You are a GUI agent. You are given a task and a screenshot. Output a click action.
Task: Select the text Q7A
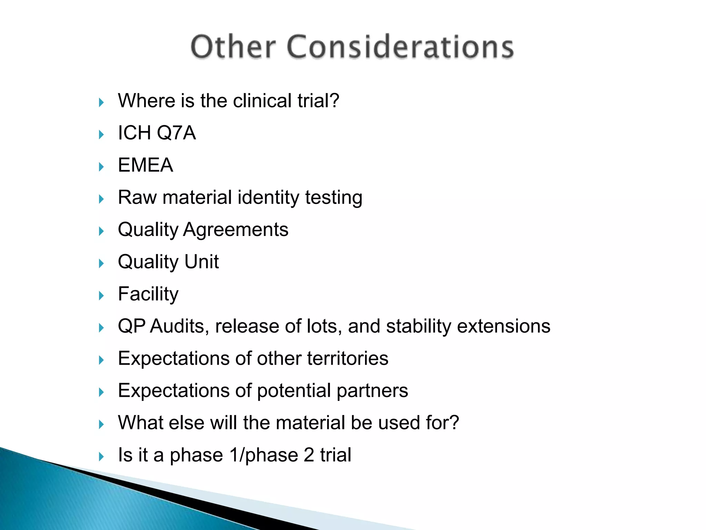176,133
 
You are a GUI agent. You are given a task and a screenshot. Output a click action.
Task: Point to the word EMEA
145,165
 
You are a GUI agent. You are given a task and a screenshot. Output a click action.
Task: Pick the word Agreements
236,229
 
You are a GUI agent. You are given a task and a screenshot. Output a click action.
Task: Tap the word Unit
202,262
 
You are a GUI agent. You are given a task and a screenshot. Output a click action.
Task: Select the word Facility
148,294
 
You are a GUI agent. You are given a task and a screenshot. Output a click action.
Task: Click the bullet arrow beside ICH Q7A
101,135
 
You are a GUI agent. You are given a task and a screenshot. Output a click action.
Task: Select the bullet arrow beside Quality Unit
101,263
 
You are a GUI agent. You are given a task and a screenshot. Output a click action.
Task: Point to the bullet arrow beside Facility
101,296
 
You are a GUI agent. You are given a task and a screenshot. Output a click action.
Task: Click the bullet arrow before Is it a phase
101,457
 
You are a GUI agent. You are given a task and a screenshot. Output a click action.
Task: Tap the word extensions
504,326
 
